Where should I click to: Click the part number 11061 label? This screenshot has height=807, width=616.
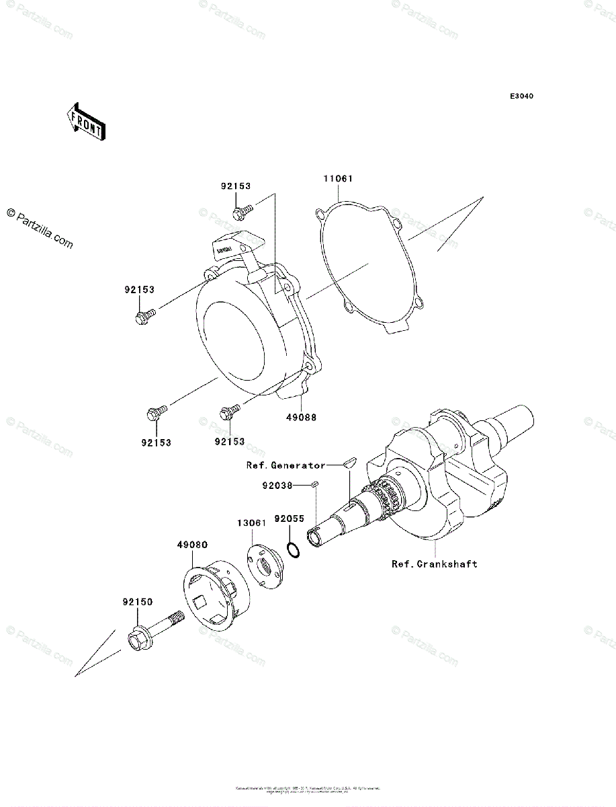tap(337, 180)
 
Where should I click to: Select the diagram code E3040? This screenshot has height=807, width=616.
tap(521, 97)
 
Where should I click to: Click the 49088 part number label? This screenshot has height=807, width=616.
tap(302, 417)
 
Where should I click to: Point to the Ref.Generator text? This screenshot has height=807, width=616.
tap(285, 465)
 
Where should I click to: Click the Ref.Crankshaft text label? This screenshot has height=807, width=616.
tap(435, 564)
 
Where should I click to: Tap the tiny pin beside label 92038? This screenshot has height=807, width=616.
tap(314, 484)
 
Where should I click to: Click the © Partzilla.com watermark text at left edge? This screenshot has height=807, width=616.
tap(40, 228)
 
